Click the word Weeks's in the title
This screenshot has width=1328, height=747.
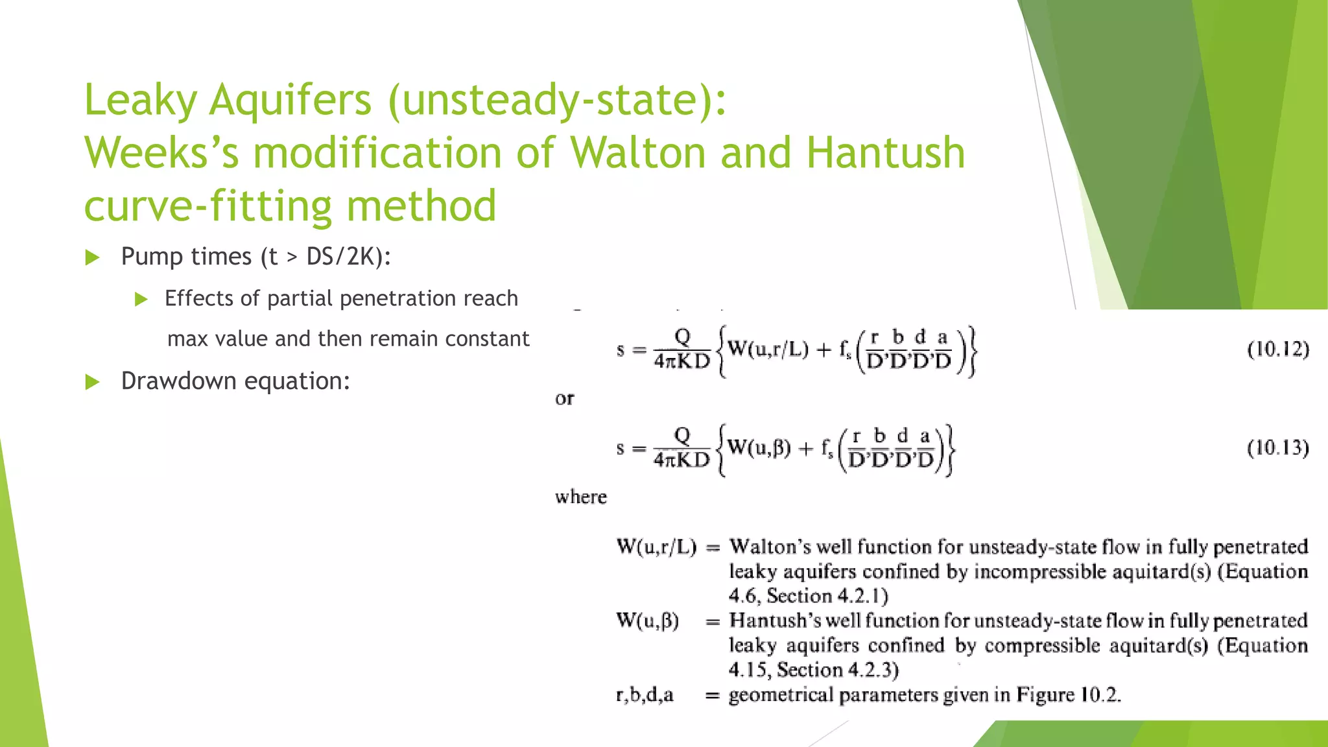[161, 153]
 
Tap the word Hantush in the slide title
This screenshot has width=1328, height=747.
[885, 153]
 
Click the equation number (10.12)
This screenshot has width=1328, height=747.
[1278, 350]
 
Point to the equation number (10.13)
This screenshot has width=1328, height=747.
[1278, 448]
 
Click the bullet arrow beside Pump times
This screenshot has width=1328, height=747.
[93, 258]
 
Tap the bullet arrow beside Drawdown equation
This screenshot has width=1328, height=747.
[93, 382]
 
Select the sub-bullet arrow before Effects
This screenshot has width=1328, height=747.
[141, 299]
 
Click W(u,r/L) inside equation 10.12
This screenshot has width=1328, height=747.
[768, 350]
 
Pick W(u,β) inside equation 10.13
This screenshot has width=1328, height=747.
[759, 447]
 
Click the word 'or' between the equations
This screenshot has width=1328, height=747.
[564, 399]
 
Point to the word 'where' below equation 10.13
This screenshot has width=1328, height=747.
[581, 497]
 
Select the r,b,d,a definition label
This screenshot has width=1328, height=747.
[645, 695]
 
